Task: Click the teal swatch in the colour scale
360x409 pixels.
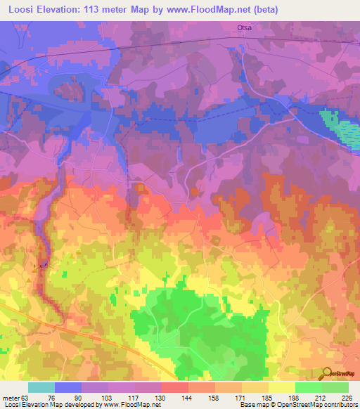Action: [41, 387]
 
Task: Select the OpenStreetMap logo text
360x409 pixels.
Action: [345, 374]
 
